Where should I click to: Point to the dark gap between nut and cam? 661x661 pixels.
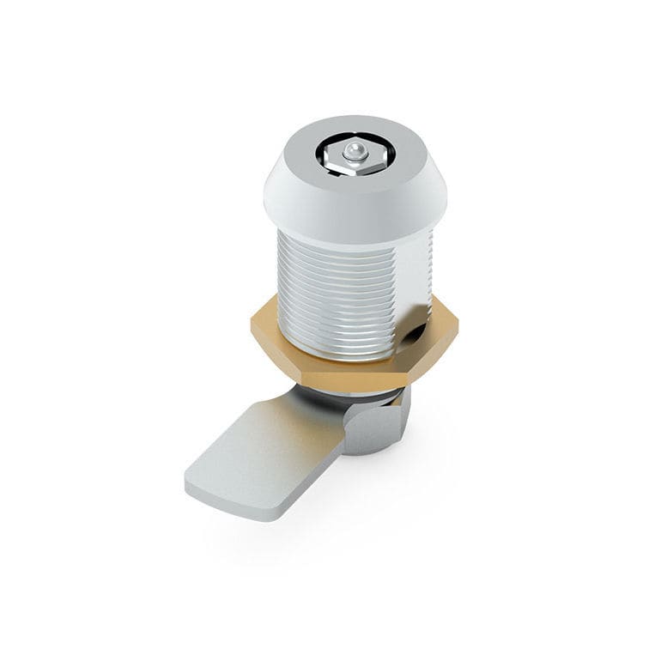352,395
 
